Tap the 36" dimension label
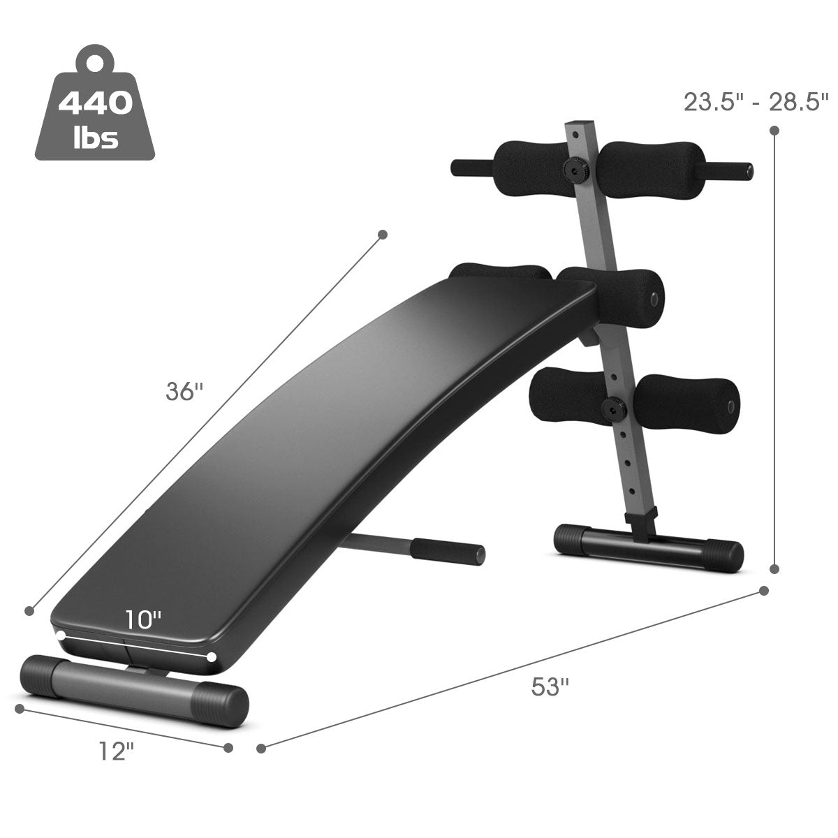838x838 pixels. [184, 392]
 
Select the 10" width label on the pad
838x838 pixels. [143, 619]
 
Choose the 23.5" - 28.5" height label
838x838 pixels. [756, 102]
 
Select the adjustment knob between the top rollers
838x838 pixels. [578, 168]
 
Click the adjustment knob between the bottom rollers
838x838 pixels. [615, 406]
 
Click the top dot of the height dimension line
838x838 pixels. [773, 131]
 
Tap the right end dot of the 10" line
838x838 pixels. [212, 656]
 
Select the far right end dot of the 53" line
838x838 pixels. [764, 591]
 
